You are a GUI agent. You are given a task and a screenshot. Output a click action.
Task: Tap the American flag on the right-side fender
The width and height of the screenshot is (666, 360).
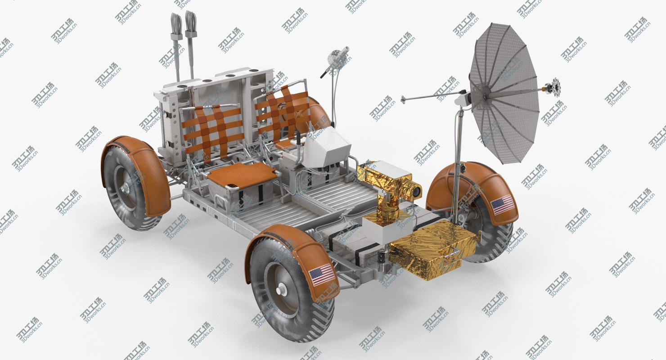coord(503,205)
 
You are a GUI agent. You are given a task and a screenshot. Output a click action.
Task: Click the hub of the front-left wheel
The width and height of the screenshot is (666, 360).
coord(280,291)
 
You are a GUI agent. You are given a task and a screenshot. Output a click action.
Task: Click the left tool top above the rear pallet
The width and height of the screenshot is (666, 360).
coord(175,22)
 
